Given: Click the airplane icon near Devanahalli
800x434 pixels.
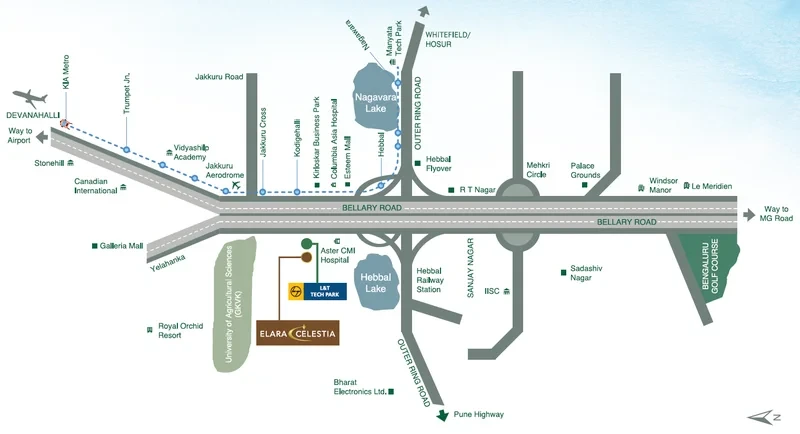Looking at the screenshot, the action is click(x=30, y=97).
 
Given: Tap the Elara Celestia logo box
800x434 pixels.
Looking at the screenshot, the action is click(x=297, y=333).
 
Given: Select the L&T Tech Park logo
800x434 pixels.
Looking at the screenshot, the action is click(x=317, y=291).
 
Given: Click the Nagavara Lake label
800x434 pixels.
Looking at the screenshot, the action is click(x=376, y=104).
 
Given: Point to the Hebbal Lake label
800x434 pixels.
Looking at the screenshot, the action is click(x=376, y=283).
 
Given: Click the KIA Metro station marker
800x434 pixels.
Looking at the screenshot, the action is click(x=64, y=123).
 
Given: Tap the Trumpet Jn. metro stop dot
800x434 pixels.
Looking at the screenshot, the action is click(x=126, y=149).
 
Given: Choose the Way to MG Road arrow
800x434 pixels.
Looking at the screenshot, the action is click(x=749, y=215).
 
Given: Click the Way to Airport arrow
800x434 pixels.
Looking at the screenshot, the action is click(x=42, y=137).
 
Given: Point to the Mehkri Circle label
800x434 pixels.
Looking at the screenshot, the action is click(x=538, y=170).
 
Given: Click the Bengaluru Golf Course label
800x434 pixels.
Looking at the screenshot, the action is click(x=710, y=266).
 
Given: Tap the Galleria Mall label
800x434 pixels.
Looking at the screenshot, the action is click(x=121, y=246).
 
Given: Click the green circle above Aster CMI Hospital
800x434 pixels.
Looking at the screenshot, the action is click(x=307, y=243).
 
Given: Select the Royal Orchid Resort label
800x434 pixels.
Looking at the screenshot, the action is click(x=181, y=330).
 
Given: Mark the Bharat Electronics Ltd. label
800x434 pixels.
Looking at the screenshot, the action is click(x=360, y=387).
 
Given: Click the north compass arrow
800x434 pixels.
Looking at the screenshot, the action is click(x=763, y=418).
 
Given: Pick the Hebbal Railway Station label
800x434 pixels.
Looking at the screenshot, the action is click(x=430, y=280).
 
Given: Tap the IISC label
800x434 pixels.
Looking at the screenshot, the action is click(x=492, y=291).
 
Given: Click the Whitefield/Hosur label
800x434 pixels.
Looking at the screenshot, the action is click(x=448, y=39).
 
